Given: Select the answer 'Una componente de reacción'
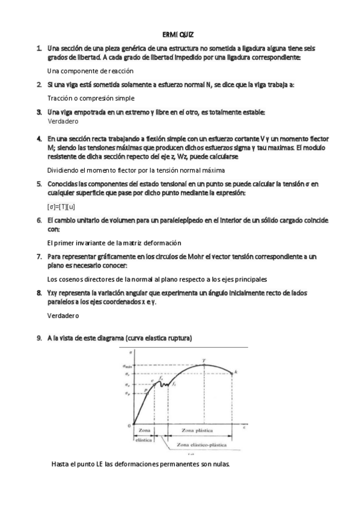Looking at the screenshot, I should click(90, 71).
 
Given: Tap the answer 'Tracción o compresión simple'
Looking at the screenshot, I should click(91, 98).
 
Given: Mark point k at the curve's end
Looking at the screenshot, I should click(236, 373).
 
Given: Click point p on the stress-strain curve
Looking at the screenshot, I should click(145, 391).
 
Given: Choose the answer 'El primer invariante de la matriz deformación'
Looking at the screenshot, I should click(114, 242).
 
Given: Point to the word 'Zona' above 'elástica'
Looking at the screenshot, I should click(144, 431).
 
